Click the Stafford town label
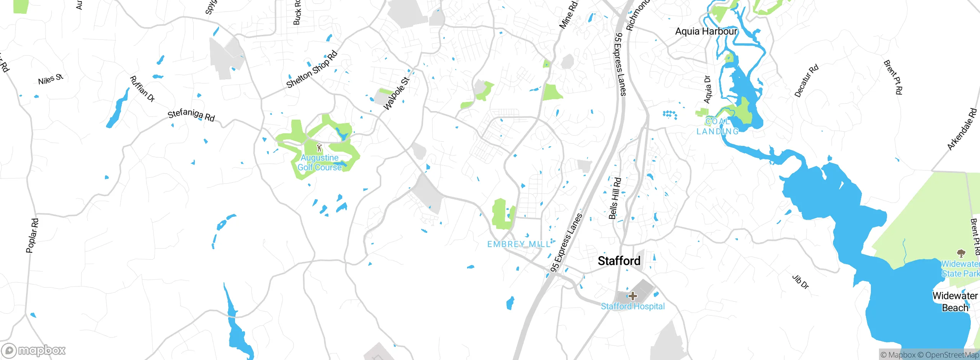point(619,261)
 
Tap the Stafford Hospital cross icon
point(633,296)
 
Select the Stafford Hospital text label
point(633,306)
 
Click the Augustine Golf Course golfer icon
point(319,147)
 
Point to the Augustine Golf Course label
point(320,162)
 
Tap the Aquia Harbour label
point(706,31)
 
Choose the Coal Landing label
point(717,126)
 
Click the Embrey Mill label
point(519,244)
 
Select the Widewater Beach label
point(955,302)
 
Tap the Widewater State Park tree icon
point(960,253)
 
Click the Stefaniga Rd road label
point(191,115)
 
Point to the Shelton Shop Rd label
point(312,69)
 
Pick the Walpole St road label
point(396,94)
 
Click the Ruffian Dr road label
point(142,89)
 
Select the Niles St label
point(51,79)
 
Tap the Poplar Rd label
point(32,236)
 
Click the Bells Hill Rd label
point(615,198)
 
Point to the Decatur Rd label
point(806,81)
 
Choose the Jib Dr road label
point(800,282)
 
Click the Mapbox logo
point(34,350)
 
